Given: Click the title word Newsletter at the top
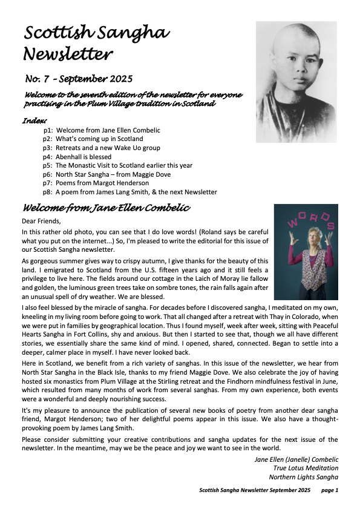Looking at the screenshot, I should (68, 54).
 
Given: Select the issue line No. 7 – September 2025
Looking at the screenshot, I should (79, 79).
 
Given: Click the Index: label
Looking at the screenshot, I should (34, 120).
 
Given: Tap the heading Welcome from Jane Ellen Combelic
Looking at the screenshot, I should (106, 208).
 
